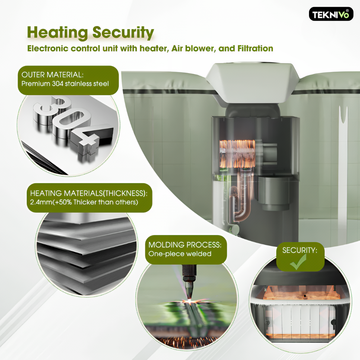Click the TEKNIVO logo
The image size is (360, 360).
pos(331,14)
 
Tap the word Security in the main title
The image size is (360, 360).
pos(123,32)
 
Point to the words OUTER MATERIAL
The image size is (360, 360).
pos(52,75)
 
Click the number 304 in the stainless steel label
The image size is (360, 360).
pos(57,84)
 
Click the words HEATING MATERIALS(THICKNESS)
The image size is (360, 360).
pos(89,193)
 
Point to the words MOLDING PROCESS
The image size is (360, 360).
pos(185,245)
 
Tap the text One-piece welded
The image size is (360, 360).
pos(180,254)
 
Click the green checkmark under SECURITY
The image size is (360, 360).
pos(298,262)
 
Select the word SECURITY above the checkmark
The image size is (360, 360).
pos(300,250)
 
